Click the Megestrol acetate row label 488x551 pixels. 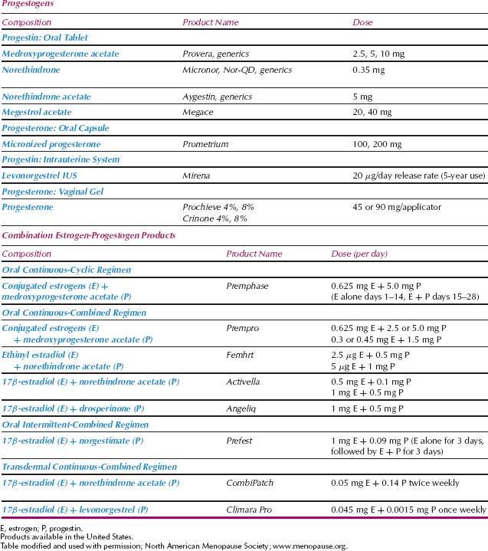[38, 112]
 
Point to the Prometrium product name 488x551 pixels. [205, 144]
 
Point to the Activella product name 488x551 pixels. [245, 382]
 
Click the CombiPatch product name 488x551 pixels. [250, 483]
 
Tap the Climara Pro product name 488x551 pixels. [251, 510]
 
